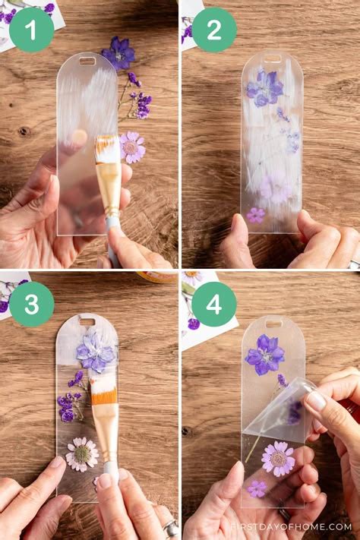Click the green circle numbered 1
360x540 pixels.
(31, 30)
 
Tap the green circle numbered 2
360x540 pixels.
(213, 30)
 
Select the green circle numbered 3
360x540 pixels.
(31, 304)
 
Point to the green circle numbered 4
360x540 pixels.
(213, 304)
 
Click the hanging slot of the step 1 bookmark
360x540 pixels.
(87, 61)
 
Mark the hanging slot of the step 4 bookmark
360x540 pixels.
(273, 324)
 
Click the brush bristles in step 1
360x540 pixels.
(107, 149)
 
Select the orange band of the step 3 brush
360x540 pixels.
(103, 396)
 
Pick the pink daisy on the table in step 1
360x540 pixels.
(132, 147)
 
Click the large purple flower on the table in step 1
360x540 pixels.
(119, 52)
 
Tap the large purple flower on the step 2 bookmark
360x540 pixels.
(264, 88)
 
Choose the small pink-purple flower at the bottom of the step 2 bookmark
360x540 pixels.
(256, 215)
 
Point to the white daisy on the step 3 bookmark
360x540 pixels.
(81, 453)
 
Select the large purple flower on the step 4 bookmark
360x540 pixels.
(264, 354)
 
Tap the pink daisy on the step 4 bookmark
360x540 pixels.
(278, 458)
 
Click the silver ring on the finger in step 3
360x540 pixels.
(172, 526)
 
